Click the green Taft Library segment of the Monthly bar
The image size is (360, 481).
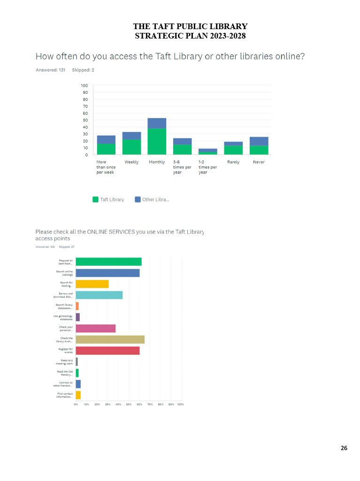(x=157, y=141)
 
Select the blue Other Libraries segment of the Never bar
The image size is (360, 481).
(x=259, y=141)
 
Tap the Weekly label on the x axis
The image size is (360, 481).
(x=131, y=162)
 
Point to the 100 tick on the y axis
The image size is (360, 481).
(x=84, y=85)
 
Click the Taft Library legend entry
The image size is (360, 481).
(x=108, y=200)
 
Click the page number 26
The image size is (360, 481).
(x=344, y=448)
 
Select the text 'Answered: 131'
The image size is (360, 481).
(x=50, y=70)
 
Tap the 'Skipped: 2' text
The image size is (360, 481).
(x=83, y=70)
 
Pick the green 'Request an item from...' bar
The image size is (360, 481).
(x=108, y=262)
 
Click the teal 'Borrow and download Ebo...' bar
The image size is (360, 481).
(x=99, y=295)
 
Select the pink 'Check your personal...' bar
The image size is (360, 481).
(x=95, y=328)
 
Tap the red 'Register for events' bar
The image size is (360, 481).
(x=107, y=350)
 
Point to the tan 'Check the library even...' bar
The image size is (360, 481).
(x=110, y=339)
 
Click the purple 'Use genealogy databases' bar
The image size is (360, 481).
(x=78, y=317)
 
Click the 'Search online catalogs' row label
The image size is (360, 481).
(x=64, y=273)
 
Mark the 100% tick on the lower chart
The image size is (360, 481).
(x=180, y=404)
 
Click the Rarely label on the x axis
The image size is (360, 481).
(x=233, y=162)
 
